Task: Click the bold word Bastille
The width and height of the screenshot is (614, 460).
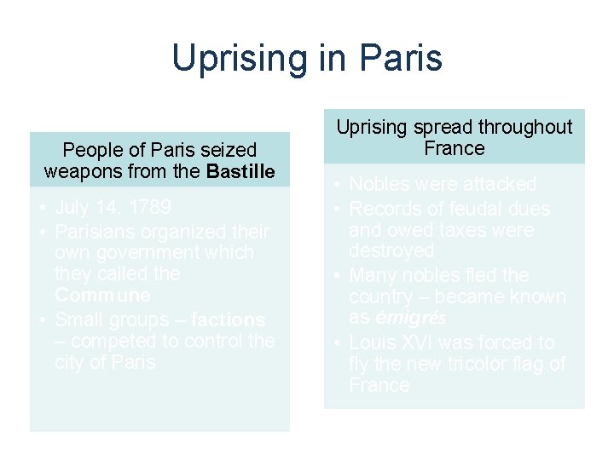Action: click(241, 171)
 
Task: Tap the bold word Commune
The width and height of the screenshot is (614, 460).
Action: click(102, 296)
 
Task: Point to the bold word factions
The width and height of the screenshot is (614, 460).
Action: click(228, 320)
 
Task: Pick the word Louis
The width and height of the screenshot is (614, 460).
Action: click(373, 343)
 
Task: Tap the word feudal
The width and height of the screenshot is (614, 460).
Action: click(473, 210)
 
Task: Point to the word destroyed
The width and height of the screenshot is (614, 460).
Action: click(391, 251)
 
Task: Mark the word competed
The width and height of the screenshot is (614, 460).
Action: click(107, 342)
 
